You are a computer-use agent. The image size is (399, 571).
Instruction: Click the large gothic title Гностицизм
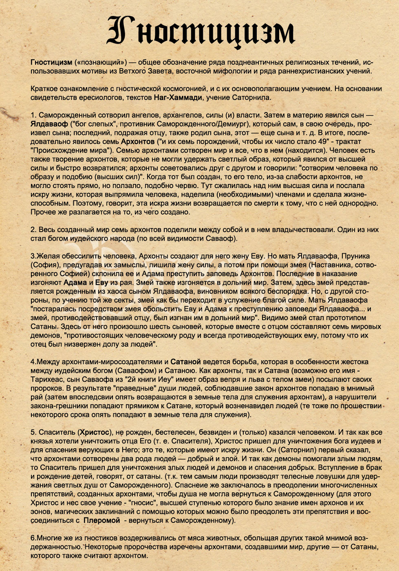(200, 32)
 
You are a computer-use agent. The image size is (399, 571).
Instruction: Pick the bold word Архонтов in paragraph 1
(138, 142)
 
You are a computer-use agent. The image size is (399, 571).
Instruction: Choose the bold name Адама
(75, 283)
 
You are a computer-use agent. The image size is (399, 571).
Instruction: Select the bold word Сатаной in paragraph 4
(185, 362)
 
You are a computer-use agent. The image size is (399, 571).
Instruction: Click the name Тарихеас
(46, 379)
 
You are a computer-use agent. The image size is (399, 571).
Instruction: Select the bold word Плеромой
(101, 520)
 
